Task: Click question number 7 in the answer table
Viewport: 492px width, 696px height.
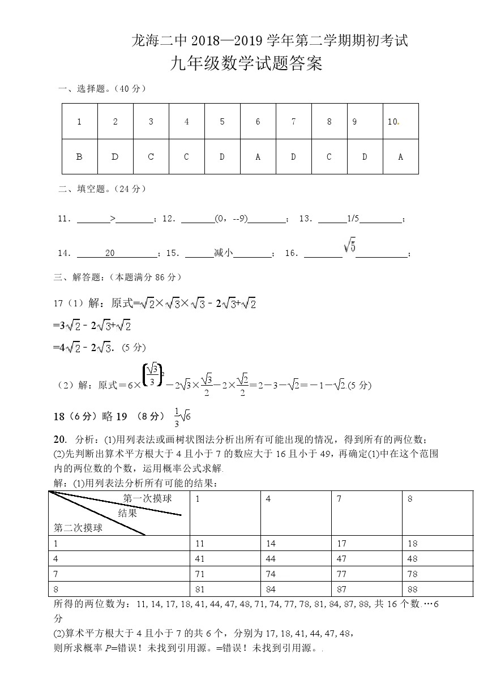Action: (x=293, y=122)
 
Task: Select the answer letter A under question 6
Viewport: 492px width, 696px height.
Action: (x=258, y=157)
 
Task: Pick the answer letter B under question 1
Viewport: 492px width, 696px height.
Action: (x=79, y=157)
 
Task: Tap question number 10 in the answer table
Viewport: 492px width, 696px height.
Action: (x=393, y=122)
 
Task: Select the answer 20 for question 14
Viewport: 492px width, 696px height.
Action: (x=110, y=253)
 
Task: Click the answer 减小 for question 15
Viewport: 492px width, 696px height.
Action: (x=224, y=253)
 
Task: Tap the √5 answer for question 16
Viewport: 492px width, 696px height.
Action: (x=349, y=247)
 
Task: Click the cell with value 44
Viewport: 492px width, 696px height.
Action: (x=271, y=558)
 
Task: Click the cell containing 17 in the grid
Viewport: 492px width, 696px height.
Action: (x=341, y=544)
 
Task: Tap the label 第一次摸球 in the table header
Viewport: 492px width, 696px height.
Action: (x=147, y=498)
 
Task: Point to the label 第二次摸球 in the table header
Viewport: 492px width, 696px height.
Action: (x=78, y=528)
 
